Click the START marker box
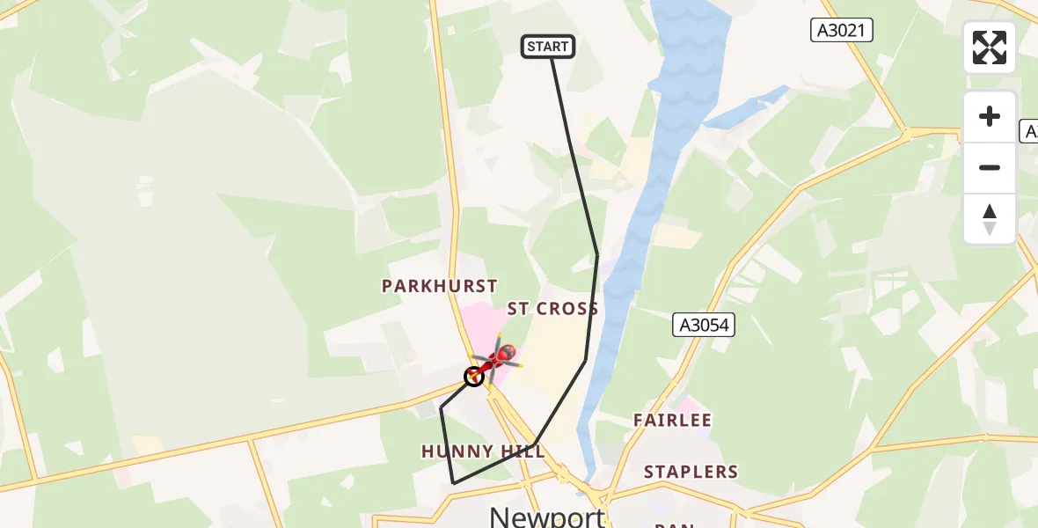pyautogui.click(x=548, y=47)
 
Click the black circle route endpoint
pyautogui.click(x=474, y=377)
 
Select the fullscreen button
pyautogui.click(x=990, y=48)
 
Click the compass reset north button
pyautogui.click(x=990, y=219)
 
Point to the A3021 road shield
pyautogui.click(x=841, y=30)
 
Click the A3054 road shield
pyautogui.click(x=705, y=325)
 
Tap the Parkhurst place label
pyautogui.click(x=439, y=286)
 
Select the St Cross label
pyautogui.click(x=552, y=309)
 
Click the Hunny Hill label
pyautogui.click(x=483, y=451)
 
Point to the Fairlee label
pyautogui.click(x=672, y=421)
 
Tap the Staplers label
pyautogui.click(x=691, y=472)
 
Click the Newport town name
pyautogui.click(x=546, y=516)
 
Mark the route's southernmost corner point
pyautogui.click(x=453, y=483)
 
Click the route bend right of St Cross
pyautogui.click(x=597, y=255)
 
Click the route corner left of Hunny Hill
pyautogui.click(x=441, y=408)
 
